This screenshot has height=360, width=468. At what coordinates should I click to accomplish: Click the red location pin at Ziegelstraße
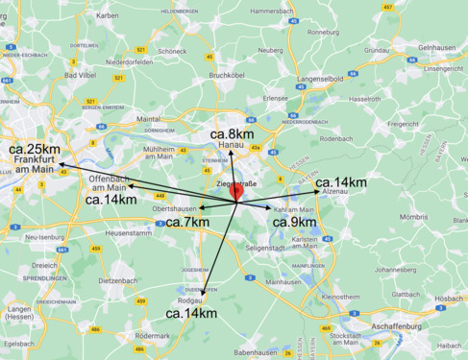coord(235,193)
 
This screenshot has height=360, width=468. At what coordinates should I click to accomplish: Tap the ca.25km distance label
coord(35,150)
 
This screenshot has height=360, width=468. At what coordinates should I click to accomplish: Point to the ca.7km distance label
coord(187,223)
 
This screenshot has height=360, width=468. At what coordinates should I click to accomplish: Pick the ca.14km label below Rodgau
coord(190,313)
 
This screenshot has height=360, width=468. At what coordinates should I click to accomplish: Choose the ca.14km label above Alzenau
coord(340,182)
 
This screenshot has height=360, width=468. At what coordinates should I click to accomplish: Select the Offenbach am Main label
coord(108,183)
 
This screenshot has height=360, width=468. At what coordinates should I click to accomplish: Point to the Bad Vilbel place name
coord(77,74)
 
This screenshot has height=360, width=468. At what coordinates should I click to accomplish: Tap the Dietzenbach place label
coord(117,280)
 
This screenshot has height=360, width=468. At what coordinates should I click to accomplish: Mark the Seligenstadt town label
coord(264,248)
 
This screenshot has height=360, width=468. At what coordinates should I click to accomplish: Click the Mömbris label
coord(414,217)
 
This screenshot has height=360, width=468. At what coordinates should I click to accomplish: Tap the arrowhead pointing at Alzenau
coord(318,192)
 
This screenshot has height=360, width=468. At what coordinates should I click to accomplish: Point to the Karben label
coord(107,16)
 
